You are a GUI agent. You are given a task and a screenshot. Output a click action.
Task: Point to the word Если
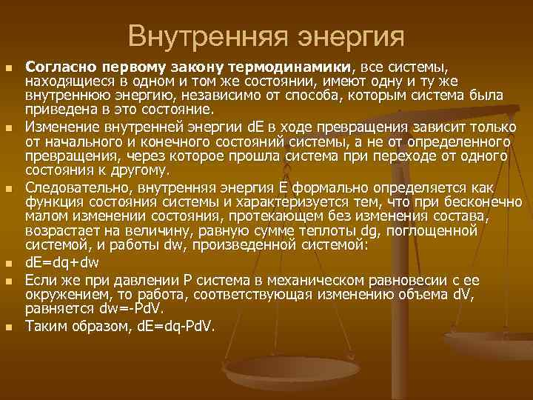(38, 280)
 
